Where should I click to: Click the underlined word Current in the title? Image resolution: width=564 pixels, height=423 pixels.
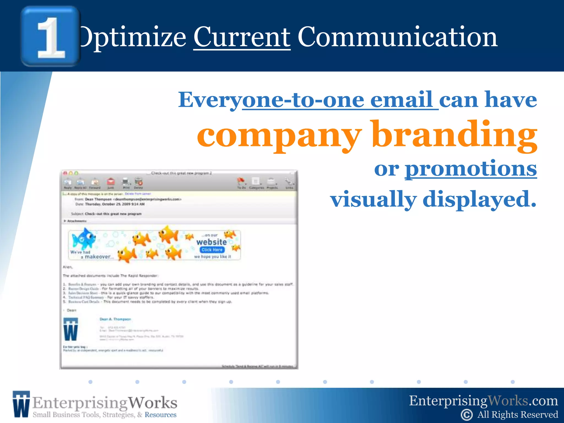tap(242, 37)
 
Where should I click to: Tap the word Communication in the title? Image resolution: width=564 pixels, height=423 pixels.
tap(397, 37)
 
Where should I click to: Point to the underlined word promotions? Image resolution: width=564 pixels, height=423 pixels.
tap(470, 169)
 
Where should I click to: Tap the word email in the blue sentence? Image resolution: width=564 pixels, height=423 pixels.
tap(401, 100)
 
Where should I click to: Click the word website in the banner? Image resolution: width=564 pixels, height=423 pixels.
tap(211, 242)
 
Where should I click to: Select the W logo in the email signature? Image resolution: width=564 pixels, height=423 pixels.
tap(70, 329)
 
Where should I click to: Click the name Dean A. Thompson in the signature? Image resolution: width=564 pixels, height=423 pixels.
tap(115, 319)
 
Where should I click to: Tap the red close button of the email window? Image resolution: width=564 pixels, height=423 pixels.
tap(65, 173)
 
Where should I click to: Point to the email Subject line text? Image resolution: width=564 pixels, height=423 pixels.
tap(113, 214)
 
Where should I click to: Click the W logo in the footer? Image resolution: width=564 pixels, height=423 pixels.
tap(21, 404)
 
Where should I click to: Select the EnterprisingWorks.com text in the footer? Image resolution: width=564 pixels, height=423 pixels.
tap(483, 401)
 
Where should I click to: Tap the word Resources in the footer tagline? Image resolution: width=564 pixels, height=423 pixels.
tap(160, 415)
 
